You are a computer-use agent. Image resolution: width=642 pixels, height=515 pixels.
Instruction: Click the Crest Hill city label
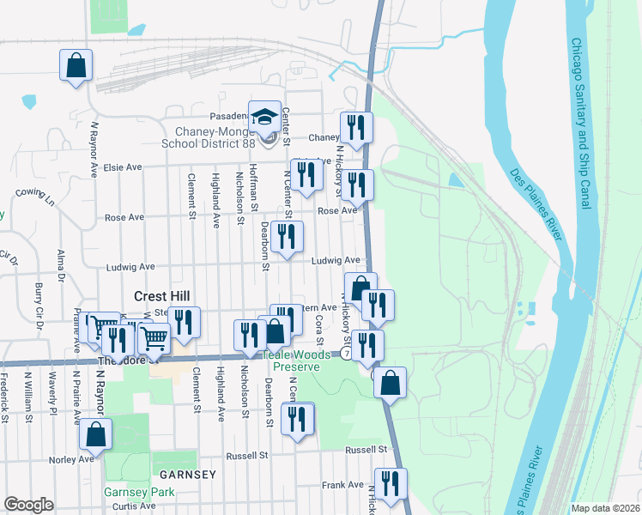click(162, 295)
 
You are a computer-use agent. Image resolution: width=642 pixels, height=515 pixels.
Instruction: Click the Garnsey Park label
click(139, 492)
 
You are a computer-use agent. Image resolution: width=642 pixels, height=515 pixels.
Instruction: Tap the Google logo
click(28, 504)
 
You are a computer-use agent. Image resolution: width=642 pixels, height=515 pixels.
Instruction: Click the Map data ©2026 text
click(604, 507)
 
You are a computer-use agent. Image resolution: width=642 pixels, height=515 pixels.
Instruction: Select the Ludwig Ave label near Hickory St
click(336, 260)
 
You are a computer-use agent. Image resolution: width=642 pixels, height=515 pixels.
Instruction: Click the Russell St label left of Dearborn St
click(247, 456)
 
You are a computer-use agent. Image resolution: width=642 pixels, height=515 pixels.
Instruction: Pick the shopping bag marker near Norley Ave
click(95, 434)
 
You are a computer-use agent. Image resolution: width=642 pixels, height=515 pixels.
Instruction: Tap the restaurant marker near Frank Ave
click(391, 484)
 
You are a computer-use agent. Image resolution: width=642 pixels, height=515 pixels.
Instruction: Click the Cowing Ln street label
click(35, 197)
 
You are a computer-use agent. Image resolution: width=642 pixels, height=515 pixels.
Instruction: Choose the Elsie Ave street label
click(122, 167)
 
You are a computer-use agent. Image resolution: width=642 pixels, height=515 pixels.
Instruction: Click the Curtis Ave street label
click(135, 506)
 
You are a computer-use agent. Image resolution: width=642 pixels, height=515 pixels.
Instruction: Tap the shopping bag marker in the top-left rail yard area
click(76, 65)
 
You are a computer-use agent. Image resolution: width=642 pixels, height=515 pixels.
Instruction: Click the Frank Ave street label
click(343, 485)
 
